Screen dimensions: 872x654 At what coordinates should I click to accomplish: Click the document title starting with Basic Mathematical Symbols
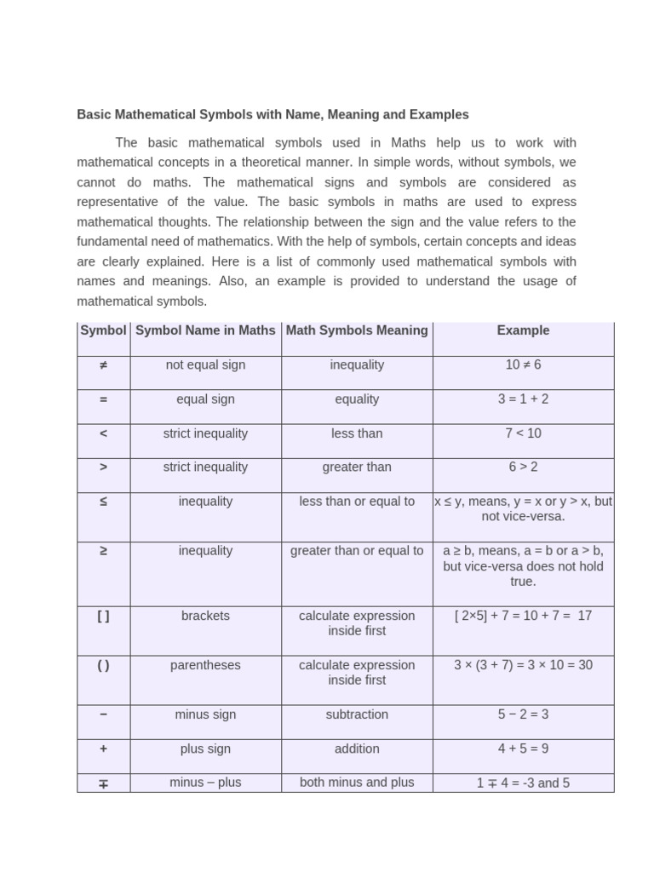point(272,114)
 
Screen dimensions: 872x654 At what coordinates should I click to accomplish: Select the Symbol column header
point(103,330)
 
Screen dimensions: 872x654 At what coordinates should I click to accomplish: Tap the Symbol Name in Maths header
point(205,330)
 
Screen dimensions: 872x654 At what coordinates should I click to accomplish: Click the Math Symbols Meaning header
point(357,330)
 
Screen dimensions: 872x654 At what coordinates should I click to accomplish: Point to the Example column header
point(523,330)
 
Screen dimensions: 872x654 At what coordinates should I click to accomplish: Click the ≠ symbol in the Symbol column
point(103,364)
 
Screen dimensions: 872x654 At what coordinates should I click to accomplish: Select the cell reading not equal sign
point(205,364)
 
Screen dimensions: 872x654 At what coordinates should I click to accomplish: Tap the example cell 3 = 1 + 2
point(523,399)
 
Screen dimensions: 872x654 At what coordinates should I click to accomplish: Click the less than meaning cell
point(357,433)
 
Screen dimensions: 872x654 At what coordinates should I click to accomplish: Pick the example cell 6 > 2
point(523,467)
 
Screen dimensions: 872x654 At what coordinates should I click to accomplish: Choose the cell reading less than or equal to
point(357,502)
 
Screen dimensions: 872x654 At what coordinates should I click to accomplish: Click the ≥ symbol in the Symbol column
point(103,551)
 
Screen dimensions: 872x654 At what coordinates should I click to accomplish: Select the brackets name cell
point(205,616)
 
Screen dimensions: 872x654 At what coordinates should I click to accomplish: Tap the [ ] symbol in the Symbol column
point(103,616)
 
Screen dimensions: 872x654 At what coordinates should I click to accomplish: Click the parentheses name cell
point(205,665)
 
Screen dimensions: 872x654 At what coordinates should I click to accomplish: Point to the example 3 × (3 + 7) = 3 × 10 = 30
point(523,665)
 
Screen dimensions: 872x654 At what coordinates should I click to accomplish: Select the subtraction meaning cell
point(357,714)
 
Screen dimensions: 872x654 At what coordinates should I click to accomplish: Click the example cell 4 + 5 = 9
point(523,749)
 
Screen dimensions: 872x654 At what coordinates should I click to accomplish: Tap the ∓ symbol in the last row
point(103,783)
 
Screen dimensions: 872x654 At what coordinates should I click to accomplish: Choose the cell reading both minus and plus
point(357,783)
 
